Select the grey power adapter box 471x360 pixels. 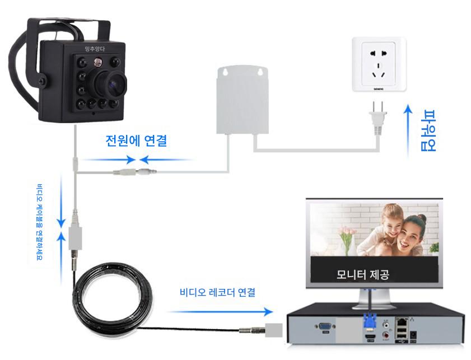coord(242,100)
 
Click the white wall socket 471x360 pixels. coord(379,64)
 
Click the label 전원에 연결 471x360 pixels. coord(136,141)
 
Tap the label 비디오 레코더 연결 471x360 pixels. coord(218,292)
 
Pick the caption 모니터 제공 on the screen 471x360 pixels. coord(362,274)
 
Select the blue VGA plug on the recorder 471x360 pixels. coord(369,324)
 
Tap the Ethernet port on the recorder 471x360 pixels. coord(402,322)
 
